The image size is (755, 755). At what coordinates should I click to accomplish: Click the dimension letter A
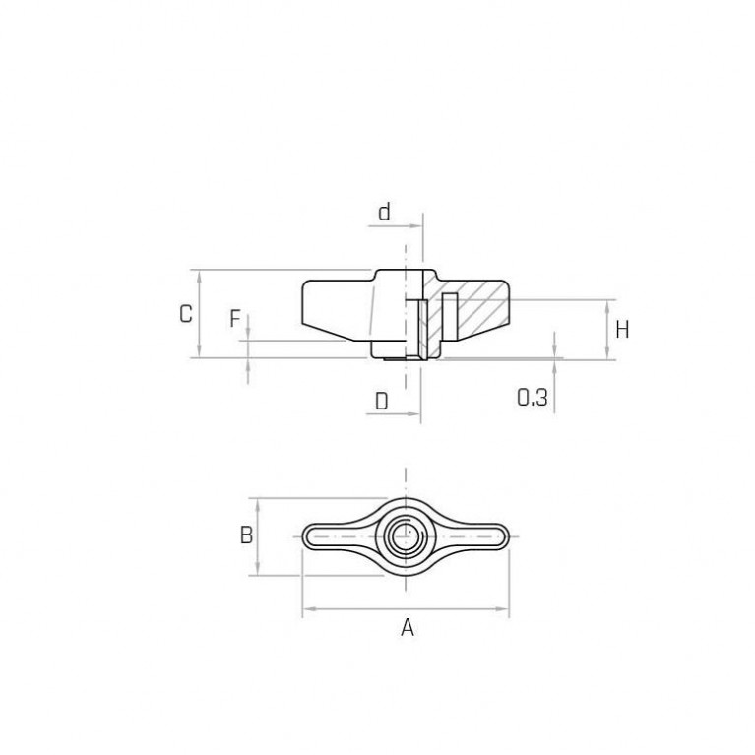click(408, 627)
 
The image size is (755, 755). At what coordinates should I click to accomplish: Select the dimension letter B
click(246, 535)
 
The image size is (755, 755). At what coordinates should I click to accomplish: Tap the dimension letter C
click(186, 314)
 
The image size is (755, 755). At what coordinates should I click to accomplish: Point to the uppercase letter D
click(381, 401)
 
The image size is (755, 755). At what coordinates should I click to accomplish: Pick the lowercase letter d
click(384, 212)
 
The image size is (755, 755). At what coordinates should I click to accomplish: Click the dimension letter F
click(234, 318)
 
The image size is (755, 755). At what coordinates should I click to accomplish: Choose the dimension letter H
click(622, 330)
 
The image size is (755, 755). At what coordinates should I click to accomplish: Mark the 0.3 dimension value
click(533, 398)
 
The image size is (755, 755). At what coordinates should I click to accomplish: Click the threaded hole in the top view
click(406, 535)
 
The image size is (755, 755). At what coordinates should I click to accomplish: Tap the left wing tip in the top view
click(305, 536)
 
